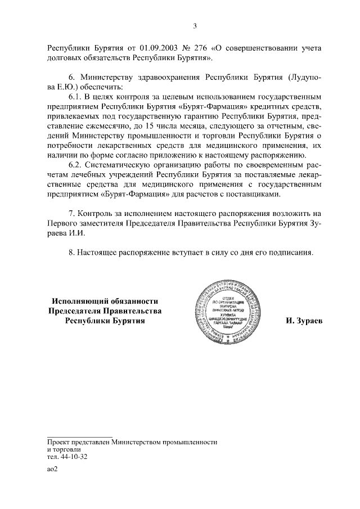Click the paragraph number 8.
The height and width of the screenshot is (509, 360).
(71, 253)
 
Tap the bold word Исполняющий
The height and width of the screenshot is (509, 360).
(82, 301)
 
